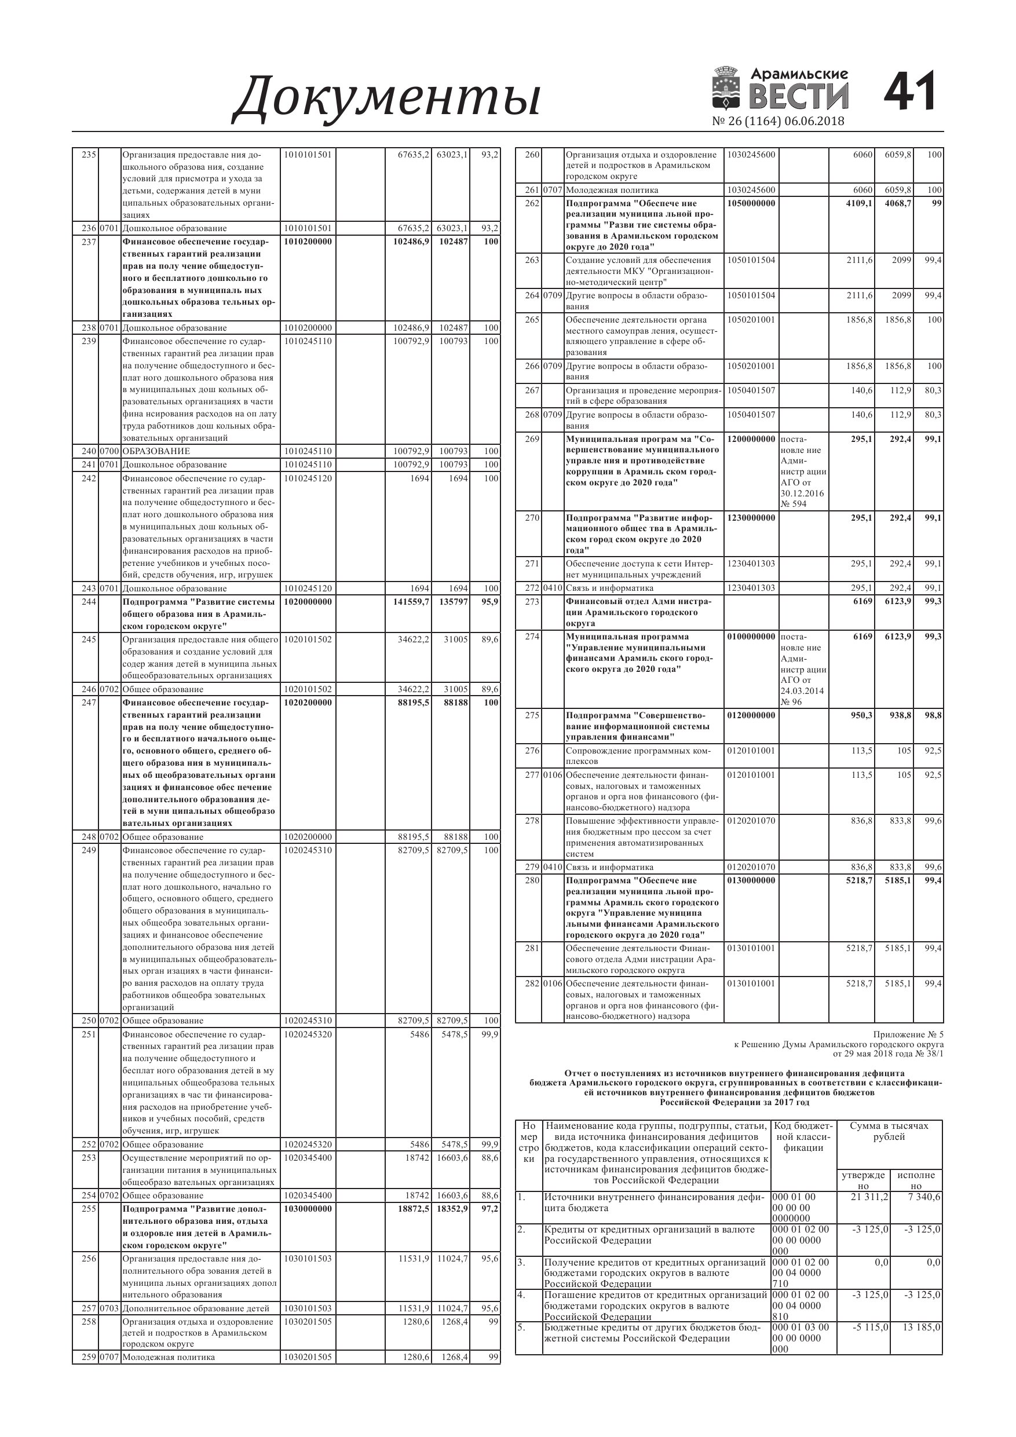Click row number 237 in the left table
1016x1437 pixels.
pos(88,242)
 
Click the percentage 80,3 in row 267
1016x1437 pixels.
pos(933,390)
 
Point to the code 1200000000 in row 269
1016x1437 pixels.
pos(751,440)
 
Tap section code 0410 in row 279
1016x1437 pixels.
pos(553,868)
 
